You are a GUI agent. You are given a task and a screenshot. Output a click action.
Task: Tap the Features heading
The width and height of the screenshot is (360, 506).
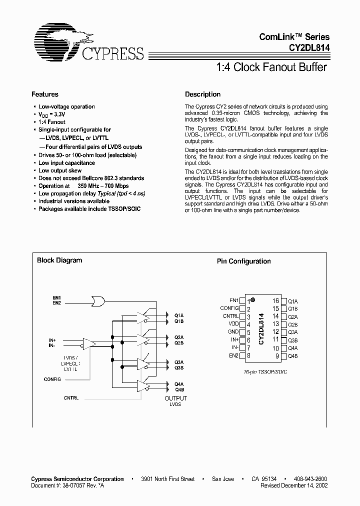(x=45, y=94)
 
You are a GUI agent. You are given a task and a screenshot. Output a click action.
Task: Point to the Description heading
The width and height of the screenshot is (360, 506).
(x=202, y=94)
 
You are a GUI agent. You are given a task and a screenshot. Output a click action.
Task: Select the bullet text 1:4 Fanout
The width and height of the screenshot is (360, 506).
(x=52, y=122)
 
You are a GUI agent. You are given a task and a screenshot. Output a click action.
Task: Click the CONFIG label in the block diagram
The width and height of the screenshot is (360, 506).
(x=52, y=379)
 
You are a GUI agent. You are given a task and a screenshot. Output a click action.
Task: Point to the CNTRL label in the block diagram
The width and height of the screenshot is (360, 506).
(x=71, y=398)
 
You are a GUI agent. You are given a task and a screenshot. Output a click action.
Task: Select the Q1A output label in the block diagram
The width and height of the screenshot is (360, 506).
(x=179, y=315)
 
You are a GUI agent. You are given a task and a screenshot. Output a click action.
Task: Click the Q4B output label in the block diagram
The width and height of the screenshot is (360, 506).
(x=179, y=389)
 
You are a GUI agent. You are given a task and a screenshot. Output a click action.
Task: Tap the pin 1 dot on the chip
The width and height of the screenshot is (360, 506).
(x=253, y=299)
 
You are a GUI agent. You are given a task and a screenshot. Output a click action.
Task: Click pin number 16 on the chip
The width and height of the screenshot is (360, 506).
(x=275, y=301)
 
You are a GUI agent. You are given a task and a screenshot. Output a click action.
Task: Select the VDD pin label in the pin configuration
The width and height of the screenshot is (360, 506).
(x=233, y=324)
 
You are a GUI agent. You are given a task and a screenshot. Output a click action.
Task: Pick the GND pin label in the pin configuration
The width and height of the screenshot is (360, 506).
(x=233, y=332)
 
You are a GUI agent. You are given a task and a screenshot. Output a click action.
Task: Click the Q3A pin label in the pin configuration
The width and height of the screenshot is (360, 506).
(x=292, y=332)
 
